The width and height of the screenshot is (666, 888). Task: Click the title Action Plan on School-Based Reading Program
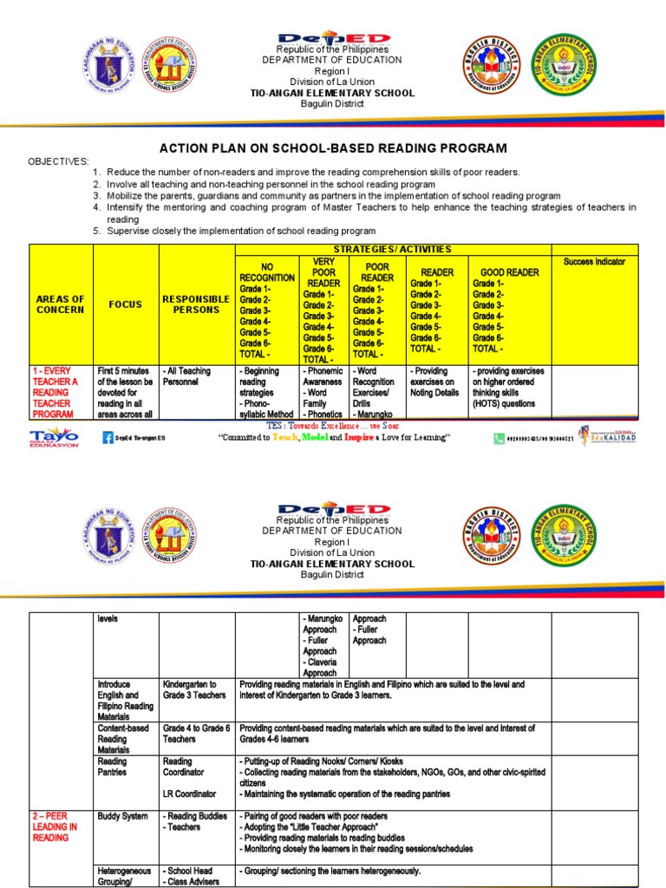(x=333, y=148)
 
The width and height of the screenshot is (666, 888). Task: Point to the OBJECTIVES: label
(x=58, y=161)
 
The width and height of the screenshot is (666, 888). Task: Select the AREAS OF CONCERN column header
(x=61, y=304)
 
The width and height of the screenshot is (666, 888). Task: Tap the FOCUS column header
(x=125, y=304)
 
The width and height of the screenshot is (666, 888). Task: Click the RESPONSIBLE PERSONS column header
(x=196, y=304)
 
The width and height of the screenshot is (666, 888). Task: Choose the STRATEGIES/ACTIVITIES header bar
(x=393, y=250)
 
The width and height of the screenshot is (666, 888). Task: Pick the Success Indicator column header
(x=594, y=261)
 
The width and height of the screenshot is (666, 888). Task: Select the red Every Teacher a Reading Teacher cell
(x=60, y=392)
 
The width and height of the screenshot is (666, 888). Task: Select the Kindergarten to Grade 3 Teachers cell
(x=195, y=689)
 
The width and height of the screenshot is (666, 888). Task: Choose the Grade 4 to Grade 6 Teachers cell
(x=196, y=734)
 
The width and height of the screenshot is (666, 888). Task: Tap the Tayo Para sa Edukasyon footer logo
(x=54, y=436)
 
